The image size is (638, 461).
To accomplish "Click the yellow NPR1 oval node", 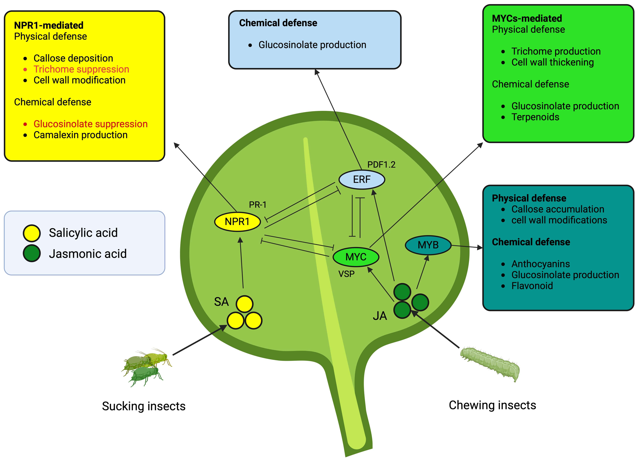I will (237, 222).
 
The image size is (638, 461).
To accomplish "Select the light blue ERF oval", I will (361, 179).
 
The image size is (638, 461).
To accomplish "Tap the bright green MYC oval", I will (355, 257).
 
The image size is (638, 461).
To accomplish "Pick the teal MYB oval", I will (428, 245).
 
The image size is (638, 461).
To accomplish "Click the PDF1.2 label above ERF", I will (381, 164).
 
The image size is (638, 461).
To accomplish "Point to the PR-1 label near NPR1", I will (257, 205).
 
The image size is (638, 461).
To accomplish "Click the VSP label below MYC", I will (346, 274).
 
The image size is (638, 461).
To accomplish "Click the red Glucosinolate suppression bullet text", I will (91, 124).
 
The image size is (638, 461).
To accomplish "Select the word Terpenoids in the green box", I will (535, 117).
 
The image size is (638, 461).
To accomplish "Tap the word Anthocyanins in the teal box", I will (541, 264).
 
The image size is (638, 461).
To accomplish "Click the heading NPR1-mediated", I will (49, 25).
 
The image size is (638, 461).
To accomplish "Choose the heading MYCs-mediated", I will (526, 18).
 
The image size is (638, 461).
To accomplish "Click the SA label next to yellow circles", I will (221, 302).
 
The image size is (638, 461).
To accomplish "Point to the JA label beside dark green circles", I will (380, 316).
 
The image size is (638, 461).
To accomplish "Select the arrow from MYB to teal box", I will (467, 247).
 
